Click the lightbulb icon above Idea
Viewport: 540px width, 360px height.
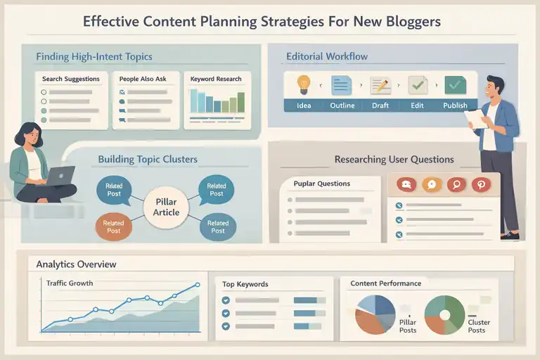point(304,84)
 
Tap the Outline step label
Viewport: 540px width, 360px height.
point(341,105)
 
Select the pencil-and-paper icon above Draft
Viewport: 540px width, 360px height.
point(380,85)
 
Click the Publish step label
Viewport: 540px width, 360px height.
point(455,105)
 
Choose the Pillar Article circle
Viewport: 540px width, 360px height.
point(167,207)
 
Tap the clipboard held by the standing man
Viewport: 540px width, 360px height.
point(475,118)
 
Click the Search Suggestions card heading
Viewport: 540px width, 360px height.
point(71,79)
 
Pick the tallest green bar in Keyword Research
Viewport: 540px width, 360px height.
point(241,102)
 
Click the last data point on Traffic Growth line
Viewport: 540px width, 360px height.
point(198,285)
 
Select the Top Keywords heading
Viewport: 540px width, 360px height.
point(245,284)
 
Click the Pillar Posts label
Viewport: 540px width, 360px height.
point(408,326)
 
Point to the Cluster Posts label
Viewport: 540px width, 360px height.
point(477,326)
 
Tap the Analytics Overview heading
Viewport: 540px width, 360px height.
point(76,264)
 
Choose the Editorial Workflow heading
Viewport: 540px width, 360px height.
point(326,56)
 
